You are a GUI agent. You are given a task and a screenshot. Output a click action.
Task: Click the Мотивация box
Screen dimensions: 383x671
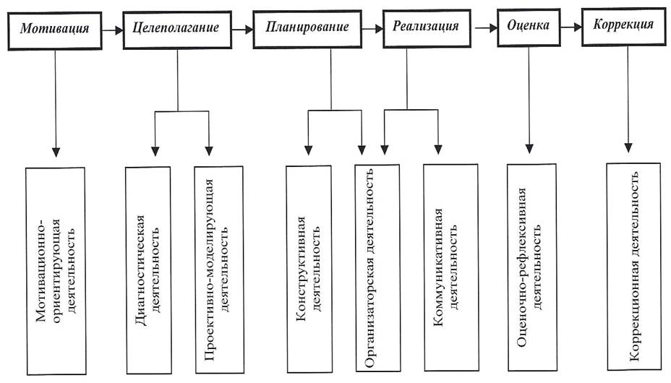coord(55,30)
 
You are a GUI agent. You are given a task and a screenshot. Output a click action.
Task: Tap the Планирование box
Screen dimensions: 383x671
coord(307,28)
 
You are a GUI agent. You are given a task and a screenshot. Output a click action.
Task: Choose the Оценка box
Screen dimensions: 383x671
coord(528,26)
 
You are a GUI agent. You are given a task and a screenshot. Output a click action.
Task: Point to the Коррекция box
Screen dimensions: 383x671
coord(623,26)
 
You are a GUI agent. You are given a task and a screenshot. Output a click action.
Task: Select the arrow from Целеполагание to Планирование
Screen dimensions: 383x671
coord(243,30)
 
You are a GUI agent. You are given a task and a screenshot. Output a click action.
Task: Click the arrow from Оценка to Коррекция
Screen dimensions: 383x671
coord(571,27)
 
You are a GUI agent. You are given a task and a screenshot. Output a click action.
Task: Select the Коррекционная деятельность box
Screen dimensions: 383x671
coord(633,266)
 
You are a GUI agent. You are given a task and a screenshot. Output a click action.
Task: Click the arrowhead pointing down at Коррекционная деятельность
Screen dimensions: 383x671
coord(628,147)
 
